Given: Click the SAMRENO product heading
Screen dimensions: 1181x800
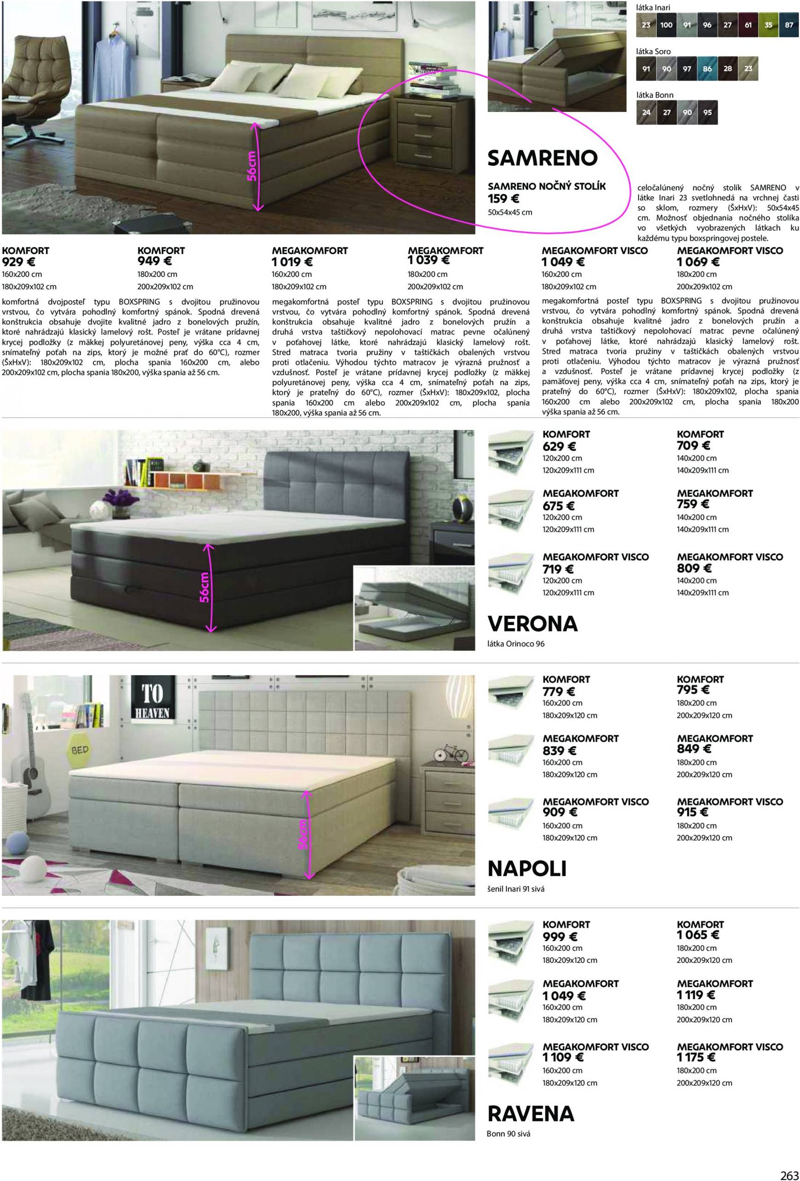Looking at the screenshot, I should tap(542, 158).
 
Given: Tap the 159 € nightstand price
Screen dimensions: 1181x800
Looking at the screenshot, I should tap(503, 199).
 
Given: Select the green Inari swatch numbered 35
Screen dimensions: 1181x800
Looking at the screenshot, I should tap(768, 25).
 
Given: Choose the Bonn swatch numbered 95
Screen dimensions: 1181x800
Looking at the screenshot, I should tap(708, 113).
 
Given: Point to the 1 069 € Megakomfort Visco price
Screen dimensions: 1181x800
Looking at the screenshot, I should tap(698, 262).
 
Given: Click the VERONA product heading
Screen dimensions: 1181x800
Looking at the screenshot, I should tap(532, 624).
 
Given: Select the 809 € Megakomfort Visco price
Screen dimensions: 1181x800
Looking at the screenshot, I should tap(694, 568).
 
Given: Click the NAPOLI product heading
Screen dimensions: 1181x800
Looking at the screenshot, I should tap(526, 869).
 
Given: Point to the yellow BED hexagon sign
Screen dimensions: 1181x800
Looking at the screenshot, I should tap(80, 750).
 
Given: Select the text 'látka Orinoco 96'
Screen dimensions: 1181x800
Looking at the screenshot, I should tap(516, 644).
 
